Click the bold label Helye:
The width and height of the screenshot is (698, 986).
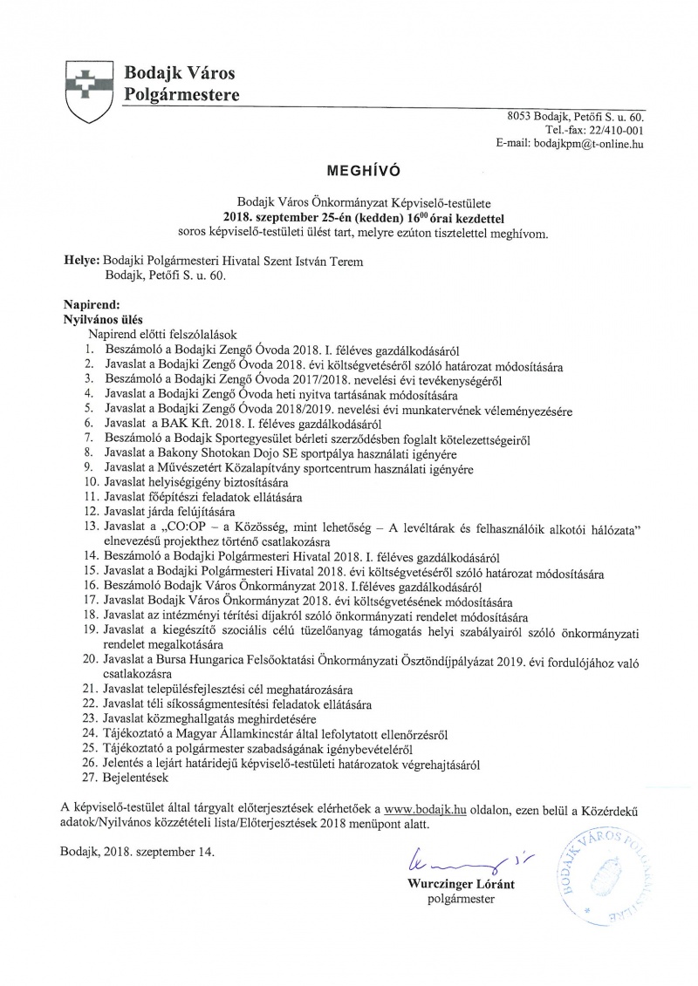80,260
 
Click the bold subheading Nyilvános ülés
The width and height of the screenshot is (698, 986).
103,319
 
